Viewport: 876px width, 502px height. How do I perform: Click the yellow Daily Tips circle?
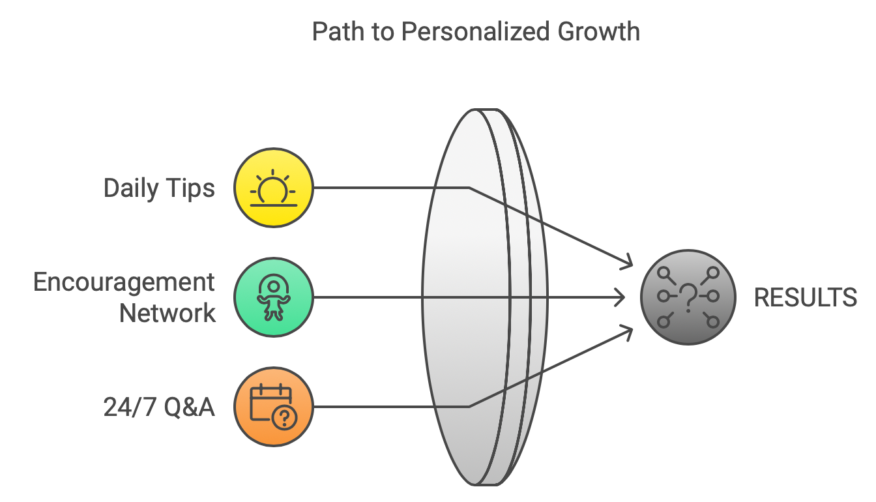274,188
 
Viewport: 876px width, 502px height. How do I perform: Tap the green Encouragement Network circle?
274,298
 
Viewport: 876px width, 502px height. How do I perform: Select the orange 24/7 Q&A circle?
274,407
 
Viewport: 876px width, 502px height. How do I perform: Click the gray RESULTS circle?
688,297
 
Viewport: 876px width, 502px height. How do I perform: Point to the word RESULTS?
805,298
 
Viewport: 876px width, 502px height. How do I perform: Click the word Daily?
131,188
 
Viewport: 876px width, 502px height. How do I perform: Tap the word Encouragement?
124,282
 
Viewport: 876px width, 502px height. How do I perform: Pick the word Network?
168,314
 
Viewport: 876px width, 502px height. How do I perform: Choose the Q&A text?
190,407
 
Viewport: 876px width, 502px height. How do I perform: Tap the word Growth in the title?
600,31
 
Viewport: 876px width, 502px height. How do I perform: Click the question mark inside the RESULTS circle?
688,297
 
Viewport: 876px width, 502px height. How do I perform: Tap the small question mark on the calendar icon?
285,418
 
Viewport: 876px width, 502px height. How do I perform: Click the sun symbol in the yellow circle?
274,189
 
